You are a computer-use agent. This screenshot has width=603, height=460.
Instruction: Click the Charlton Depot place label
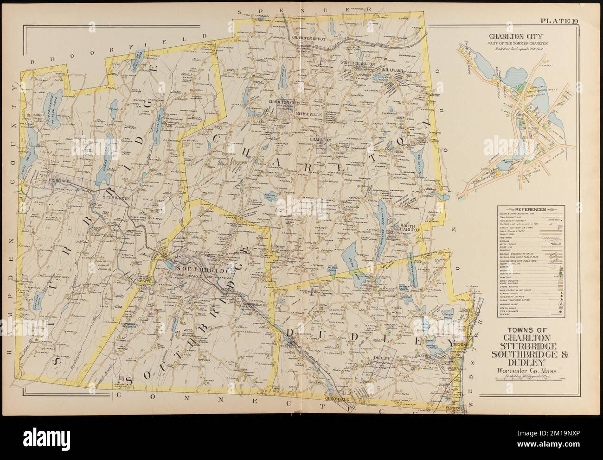(x=310, y=45)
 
